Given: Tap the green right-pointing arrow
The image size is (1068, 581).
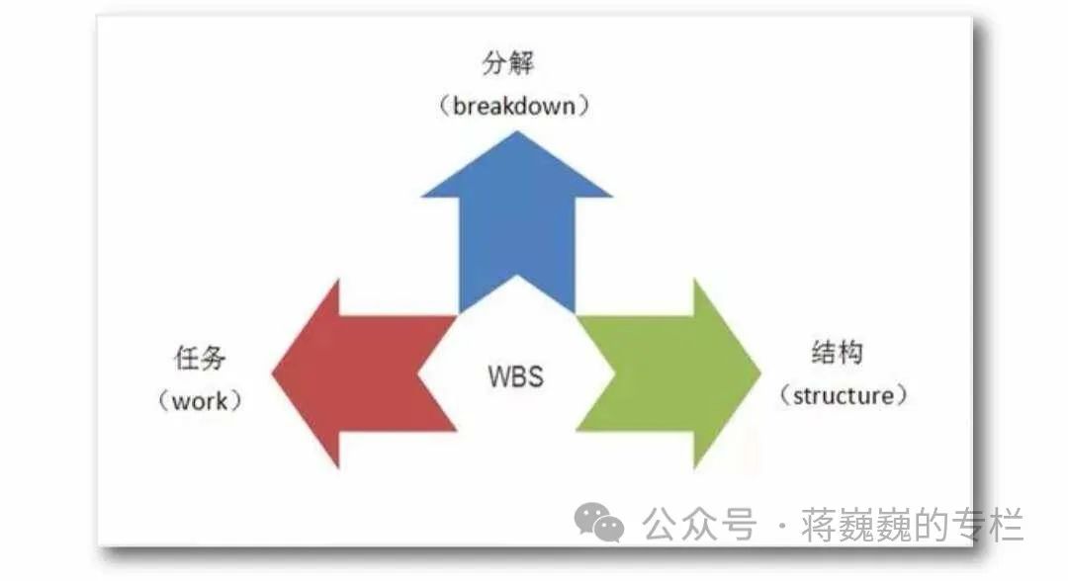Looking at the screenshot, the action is [x=672, y=373].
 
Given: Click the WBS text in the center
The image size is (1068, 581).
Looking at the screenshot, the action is [x=515, y=376].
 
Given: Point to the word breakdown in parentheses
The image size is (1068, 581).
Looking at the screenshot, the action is [x=514, y=106].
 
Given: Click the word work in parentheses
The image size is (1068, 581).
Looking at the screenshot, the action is [x=200, y=401].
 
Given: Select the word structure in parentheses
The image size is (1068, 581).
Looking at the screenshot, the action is [x=843, y=396].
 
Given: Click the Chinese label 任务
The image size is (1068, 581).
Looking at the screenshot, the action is [x=199, y=359].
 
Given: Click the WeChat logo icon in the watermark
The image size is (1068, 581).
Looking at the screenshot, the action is [x=600, y=522].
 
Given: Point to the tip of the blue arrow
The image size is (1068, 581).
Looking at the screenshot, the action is [x=516, y=132].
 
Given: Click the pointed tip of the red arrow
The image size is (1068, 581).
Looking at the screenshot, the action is [x=273, y=373].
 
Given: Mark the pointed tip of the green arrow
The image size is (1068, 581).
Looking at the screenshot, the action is [x=760, y=373].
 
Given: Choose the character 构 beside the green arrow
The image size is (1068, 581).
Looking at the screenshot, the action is [x=851, y=353].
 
